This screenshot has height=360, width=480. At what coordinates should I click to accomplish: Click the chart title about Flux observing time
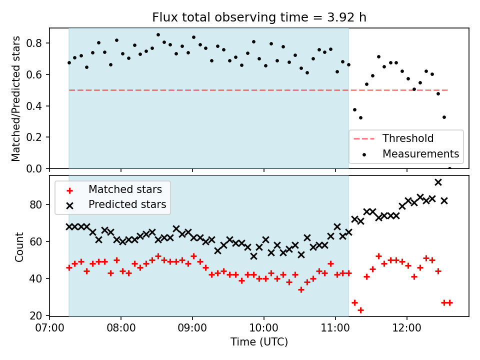tap(259, 17)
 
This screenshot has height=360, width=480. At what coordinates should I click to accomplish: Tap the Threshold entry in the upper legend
tap(408, 138)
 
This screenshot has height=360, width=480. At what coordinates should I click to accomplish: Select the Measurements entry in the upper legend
tap(420, 153)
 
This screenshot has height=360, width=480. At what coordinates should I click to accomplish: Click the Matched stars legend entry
tap(125, 189)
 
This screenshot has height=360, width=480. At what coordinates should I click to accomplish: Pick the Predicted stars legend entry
tap(127, 204)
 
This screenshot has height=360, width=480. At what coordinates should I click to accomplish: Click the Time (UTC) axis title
tap(259, 342)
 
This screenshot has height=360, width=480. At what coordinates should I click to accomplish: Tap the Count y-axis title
tap(19, 247)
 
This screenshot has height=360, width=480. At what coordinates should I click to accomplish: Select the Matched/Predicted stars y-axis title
tap(16, 98)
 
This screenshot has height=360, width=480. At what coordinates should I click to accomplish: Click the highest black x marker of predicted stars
tap(438, 182)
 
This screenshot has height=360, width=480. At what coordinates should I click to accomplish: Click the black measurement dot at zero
tap(449, 168)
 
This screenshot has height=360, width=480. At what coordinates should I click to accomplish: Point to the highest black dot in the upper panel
tap(158, 35)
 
